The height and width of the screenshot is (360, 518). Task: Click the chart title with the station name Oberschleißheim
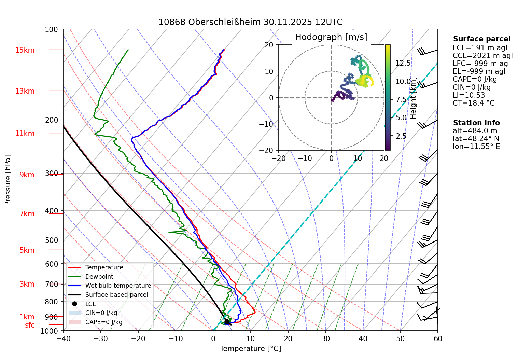pyautogui.click(x=250, y=22)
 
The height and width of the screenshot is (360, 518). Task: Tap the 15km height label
pyautogui.click(x=25, y=50)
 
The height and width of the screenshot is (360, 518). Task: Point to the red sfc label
pyautogui.click(x=30, y=325)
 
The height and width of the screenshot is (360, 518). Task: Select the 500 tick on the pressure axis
pyautogui.click(x=52, y=240)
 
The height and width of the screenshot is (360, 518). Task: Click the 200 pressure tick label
pyautogui.click(x=52, y=120)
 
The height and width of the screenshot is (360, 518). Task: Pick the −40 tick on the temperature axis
pyautogui.click(x=63, y=338)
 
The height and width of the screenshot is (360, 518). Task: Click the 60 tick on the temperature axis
pyautogui.click(x=437, y=338)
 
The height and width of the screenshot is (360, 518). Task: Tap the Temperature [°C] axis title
pyautogui.click(x=250, y=348)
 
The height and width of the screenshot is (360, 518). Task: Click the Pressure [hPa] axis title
pyautogui.click(x=8, y=180)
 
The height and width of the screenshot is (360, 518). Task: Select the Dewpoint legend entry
pyautogui.click(x=99, y=277)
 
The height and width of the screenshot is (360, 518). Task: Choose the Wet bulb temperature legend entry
pyautogui.click(x=118, y=286)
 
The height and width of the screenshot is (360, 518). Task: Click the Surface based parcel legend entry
pyautogui.click(x=116, y=295)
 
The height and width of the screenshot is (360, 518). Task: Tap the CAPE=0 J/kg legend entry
pyautogui.click(x=103, y=322)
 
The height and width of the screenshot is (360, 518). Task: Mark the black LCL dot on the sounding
pyautogui.click(x=227, y=321)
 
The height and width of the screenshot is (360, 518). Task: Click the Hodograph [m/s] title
pyautogui.click(x=331, y=37)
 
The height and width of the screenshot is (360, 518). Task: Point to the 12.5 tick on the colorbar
pyautogui.click(x=403, y=63)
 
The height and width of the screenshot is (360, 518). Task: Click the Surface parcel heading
pyautogui.click(x=481, y=39)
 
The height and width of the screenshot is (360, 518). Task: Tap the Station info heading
pyautogui.click(x=476, y=123)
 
